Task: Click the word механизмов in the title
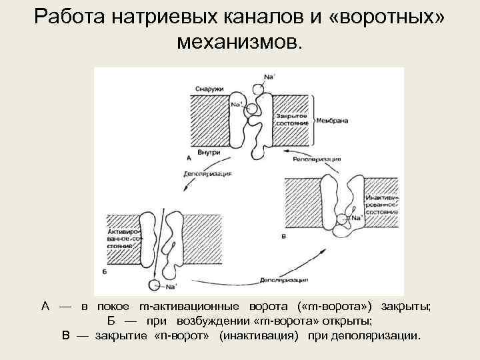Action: (x=239, y=43)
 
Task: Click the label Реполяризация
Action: (x=316, y=160)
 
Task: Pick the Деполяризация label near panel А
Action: (x=207, y=175)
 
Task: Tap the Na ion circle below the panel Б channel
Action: (x=154, y=286)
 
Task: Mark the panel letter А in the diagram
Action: (x=189, y=159)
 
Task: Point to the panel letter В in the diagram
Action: (x=285, y=236)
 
